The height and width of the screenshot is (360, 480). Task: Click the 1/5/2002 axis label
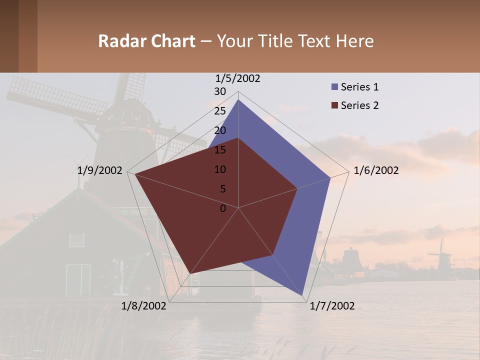click(x=237, y=78)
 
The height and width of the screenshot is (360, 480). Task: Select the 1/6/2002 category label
click(x=376, y=170)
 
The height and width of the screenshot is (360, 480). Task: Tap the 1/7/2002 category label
click(x=332, y=306)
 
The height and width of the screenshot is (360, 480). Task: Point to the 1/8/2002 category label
click(x=143, y=306)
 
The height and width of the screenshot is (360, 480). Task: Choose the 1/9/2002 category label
click(x=100, y=170)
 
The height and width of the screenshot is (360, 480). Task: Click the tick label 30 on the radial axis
click(x=220, y=91)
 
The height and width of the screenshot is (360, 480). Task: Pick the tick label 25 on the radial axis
click(x=220, y=111)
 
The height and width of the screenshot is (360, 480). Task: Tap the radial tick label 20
click(x=220, y=130)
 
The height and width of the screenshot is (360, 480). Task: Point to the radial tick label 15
click(x=220, y=150)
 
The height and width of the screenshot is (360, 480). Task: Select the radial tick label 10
click(x=220, y=169)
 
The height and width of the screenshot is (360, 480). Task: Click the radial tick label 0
click(x=223, y=208)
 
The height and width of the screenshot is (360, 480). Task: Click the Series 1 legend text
click(x=359, y=87)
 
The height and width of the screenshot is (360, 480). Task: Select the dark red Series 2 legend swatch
click(x=334, y=105)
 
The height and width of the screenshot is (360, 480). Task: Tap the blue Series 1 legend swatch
click(x=334, y=87)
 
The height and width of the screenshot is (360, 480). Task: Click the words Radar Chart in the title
click(x=146, y=41)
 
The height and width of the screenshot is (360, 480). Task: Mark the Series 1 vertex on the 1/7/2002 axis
click(x=303, y=295)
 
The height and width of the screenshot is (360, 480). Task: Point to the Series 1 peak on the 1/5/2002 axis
click(x=238, y=99)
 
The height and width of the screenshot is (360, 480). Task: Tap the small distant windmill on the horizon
click(x=441, y=254)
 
